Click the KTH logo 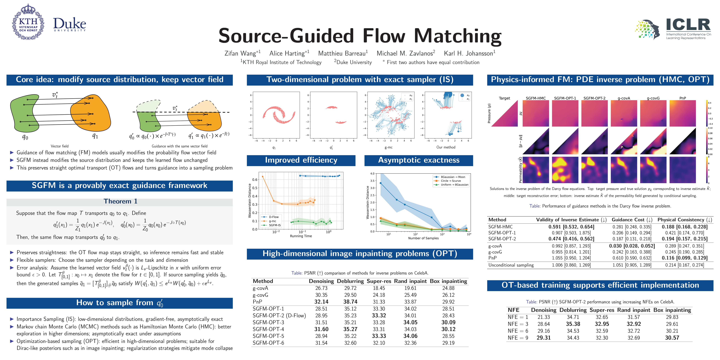(28, 22)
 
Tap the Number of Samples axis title (423, 238)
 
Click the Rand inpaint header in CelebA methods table (410, 281)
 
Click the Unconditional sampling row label (511, 265)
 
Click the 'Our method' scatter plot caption (446, 147)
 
